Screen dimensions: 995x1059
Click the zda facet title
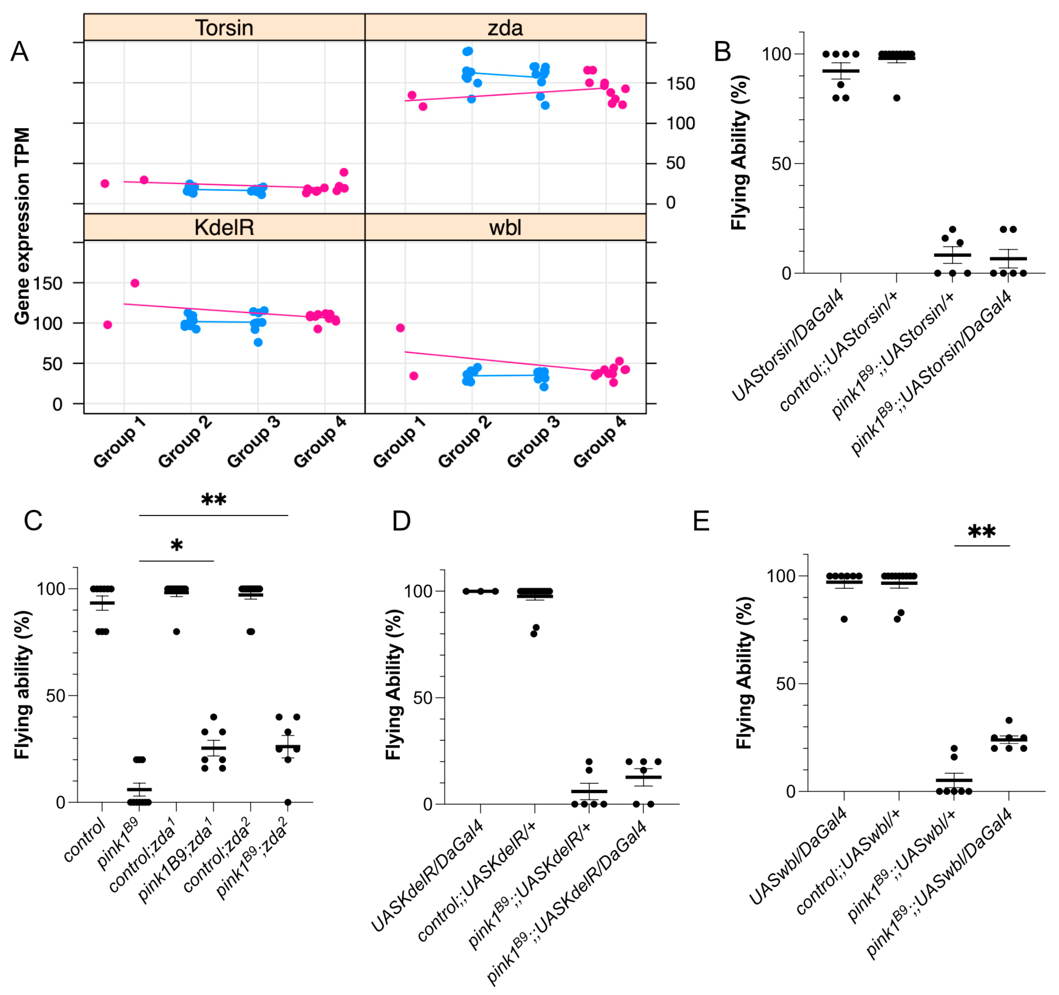click(x=505, y=28)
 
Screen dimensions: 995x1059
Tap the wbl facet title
click(x=505, y=227)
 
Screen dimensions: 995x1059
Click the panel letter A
click(x=20, y=52)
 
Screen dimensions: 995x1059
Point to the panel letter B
click(x=722, y=52)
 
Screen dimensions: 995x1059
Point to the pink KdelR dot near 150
click(x=135, y=283)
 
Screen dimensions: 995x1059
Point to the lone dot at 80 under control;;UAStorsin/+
click(x=897, y=98)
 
